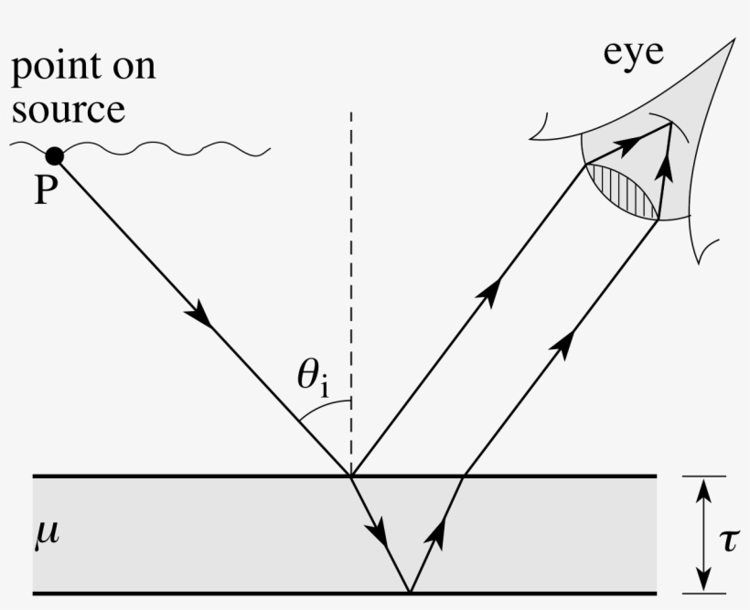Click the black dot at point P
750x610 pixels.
[x=55, y=155]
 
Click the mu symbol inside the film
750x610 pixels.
[x=48, y=531]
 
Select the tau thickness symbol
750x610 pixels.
[x=728, y=540]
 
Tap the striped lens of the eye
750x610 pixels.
[x=624, y=189]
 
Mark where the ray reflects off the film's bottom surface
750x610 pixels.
[x=409, y=593]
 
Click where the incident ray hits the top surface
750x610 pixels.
[x=351, y=476]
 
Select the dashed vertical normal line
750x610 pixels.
[x=351, y=274]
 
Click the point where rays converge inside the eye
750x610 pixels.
[x=670, y=126]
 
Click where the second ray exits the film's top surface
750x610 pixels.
[x=464, y=476]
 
